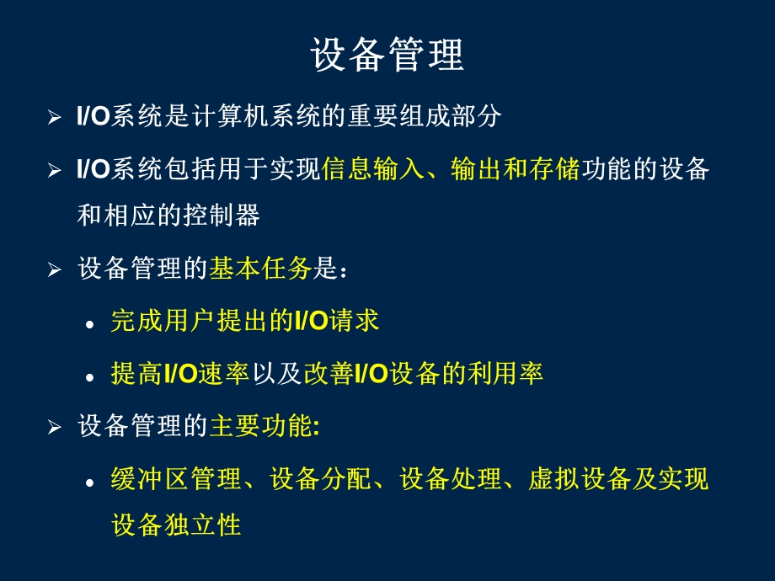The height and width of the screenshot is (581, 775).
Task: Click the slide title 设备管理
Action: tap(387, 56)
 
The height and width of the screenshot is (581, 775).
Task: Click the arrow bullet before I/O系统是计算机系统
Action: tap(55, 118)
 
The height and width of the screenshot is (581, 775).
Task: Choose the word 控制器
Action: tap(227, 215)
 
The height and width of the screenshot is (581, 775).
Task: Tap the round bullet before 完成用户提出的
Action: tap(90, 324)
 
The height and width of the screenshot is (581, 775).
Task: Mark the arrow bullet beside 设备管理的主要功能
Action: tap(55, 428)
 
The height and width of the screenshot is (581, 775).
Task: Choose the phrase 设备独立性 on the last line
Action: tap(176, 525)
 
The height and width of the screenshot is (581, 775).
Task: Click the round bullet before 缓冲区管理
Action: tap(90, 482)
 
